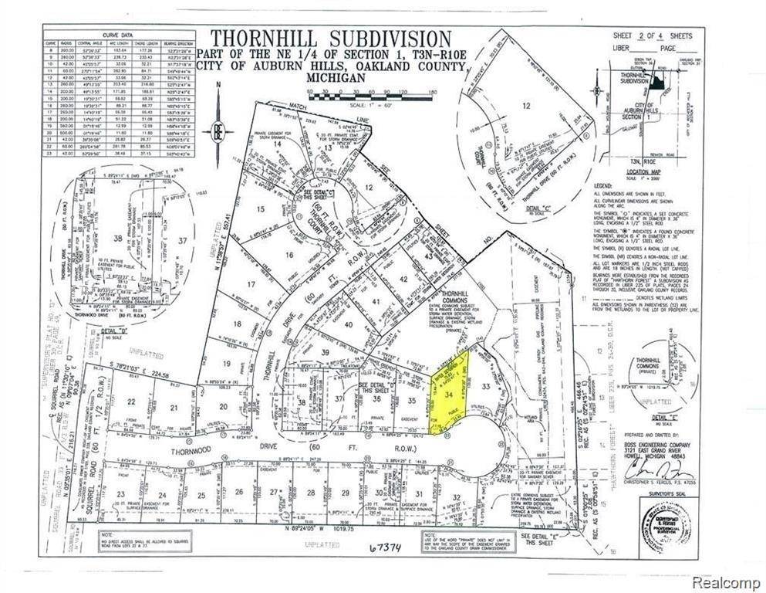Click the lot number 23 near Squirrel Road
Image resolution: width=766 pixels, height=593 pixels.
tap(120, 494)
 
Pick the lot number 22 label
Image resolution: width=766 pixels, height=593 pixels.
tap(132, 402)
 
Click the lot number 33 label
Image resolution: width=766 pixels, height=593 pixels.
tap(486, 386)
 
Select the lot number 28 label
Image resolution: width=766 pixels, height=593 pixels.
tap(310, 493)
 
